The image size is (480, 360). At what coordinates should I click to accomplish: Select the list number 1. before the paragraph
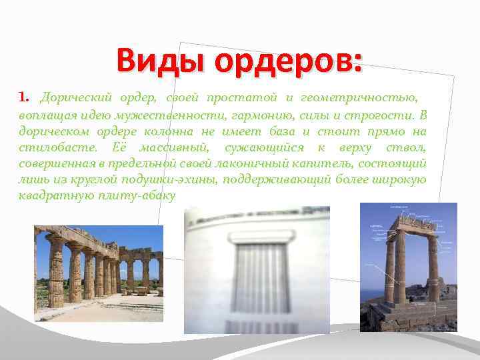(25, 98)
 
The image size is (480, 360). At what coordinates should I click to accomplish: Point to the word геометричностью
(360, 98)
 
